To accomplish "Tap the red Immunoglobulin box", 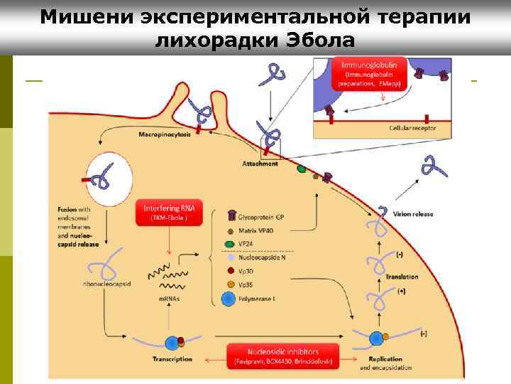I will coord(373,73).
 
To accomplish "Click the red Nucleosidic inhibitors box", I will coord(283,356).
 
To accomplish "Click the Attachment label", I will coord(260,163).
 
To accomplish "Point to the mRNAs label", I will coord(168,299).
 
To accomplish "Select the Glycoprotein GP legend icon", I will coord(232,215).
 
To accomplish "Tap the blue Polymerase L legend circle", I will coord(228,299).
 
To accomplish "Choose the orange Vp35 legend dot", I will coord(231,284).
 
